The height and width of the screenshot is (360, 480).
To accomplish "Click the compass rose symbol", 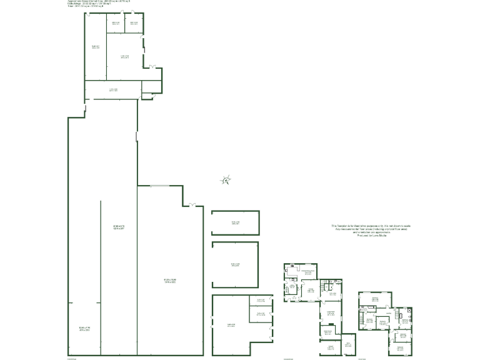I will point(226,181).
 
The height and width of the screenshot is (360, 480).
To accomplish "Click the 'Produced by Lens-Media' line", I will point(371,235).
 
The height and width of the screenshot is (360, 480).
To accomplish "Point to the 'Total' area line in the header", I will point(94,6).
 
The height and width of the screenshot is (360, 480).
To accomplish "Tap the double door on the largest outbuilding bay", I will point(192,204).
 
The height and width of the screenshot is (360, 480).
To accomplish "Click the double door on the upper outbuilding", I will point(152,65).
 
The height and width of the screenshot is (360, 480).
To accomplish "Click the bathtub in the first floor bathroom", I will point(362,321).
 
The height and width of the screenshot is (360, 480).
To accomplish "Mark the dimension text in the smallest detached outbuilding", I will point(236,222).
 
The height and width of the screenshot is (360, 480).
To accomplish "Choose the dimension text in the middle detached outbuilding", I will point(236,265).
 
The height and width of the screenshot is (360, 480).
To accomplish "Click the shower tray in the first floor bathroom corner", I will point(409,310).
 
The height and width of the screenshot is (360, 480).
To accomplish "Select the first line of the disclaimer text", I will point(371,226).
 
